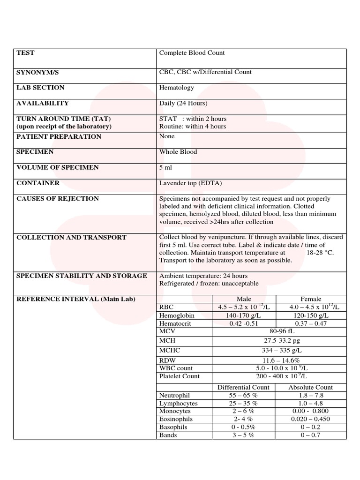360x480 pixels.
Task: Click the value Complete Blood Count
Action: pos(192,53)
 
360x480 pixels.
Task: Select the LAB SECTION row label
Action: pos(40,88)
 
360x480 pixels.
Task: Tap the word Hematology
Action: pos(176,88)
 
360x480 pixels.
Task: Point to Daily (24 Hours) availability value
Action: pos(183,103)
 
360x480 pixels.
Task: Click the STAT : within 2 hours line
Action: pos(193,119)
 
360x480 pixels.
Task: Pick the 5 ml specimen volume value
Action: pos(166,167)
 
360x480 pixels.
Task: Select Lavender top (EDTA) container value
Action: pos(190,183)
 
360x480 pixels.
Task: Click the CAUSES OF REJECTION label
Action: pos(58,199)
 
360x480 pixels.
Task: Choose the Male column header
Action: pos(244,299)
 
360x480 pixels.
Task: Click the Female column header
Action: pos(311,299)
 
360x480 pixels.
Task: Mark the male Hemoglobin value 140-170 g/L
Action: pos(244,315)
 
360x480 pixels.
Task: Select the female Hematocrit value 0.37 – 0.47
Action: pos(311,323)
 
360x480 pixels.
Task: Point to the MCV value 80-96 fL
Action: pos(279,331)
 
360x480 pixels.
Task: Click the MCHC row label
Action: pos(170,350)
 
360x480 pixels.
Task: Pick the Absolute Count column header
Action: pos(311,387)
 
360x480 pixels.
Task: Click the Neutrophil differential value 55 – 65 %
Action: pos(244,395)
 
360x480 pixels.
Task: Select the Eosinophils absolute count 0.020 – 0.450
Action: pos(311,419)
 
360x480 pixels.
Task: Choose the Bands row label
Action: pos(168,435)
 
